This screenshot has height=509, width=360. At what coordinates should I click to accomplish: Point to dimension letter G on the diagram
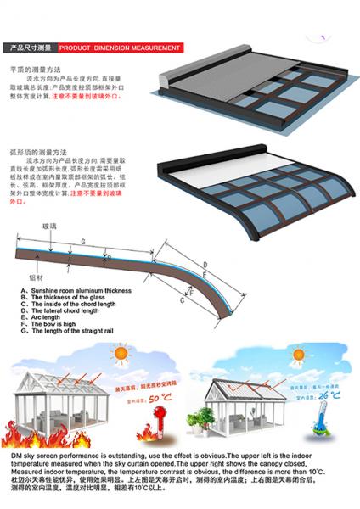pos(82,244)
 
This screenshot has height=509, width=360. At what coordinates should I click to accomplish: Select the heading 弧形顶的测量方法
pos(39,151)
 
